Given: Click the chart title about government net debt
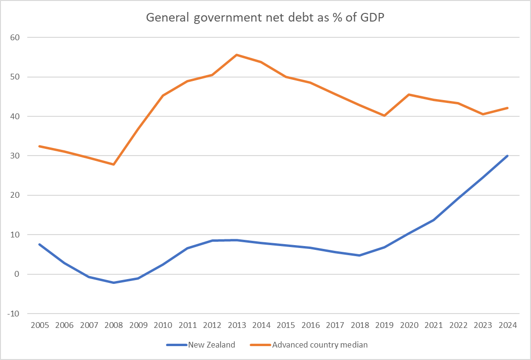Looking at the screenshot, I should coord(265,18).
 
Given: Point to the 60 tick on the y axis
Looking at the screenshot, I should coord(20,37).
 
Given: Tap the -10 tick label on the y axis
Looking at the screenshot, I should coord(19,314).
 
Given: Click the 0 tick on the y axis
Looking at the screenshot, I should coord(22,274).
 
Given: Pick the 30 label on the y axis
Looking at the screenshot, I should coord(20,156).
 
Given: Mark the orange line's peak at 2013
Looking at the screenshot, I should coord(237,55).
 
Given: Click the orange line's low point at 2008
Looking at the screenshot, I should coord(114,164).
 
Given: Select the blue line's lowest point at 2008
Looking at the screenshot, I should coord(114,282).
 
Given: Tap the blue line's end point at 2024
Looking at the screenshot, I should coord(507,156).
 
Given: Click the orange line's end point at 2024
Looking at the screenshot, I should coord(507,108).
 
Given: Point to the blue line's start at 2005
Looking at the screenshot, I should coord(40,244).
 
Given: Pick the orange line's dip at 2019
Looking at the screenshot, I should coord(384,115).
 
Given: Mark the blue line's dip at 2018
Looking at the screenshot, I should coord(360,255).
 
